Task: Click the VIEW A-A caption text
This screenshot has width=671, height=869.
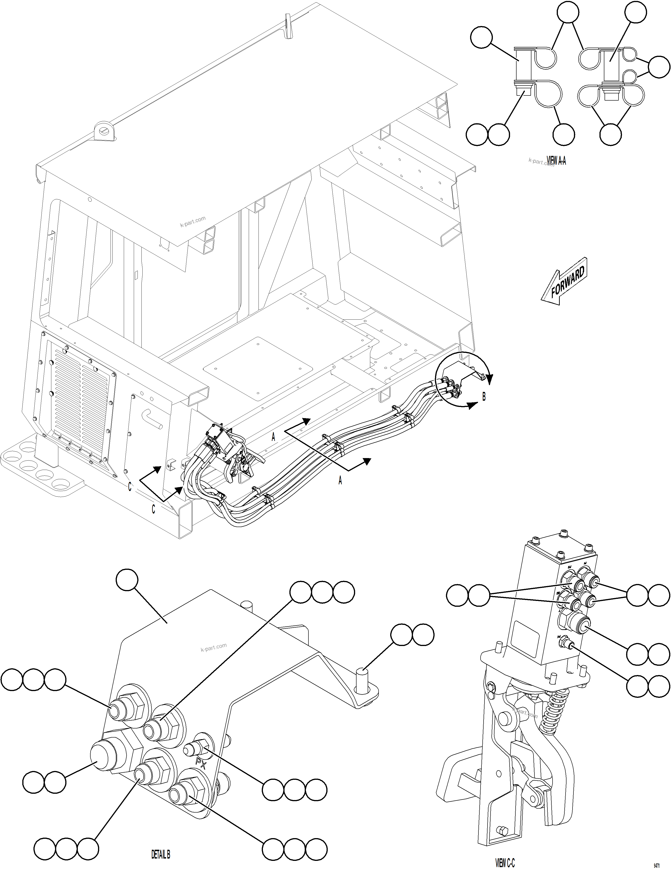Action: [x=556, y=161]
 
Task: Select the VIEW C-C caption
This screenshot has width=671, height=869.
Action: [x=505, y=863]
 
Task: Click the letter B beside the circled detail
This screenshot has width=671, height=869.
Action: [x=484, y=397]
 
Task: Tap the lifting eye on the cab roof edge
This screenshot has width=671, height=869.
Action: [x=105, y=130]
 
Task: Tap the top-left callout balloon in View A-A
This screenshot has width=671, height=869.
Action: [x=481, y=38]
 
